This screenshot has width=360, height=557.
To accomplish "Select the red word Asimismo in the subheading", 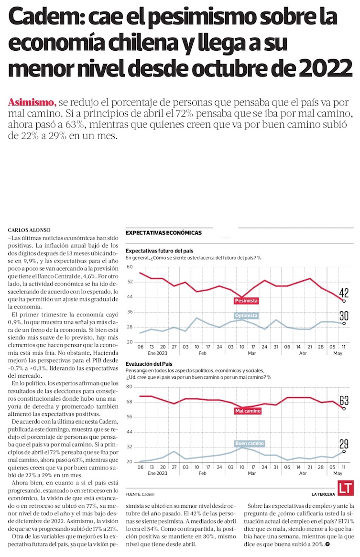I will point(32,103).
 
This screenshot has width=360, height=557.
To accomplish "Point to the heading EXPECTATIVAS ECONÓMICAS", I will point(163,233).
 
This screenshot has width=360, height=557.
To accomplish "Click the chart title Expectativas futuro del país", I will point(159,251).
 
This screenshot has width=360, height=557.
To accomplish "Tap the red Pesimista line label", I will point(246,301).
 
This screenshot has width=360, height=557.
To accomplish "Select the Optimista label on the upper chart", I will point(246,316).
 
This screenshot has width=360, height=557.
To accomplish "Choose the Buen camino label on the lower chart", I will point(249,443).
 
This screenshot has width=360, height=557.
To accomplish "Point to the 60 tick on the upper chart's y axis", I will point(129,267).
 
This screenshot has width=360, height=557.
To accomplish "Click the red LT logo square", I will point(345,488).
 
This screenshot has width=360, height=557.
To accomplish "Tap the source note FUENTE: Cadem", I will point(140,494).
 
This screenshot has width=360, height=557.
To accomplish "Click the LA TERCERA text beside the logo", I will point(323,494).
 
